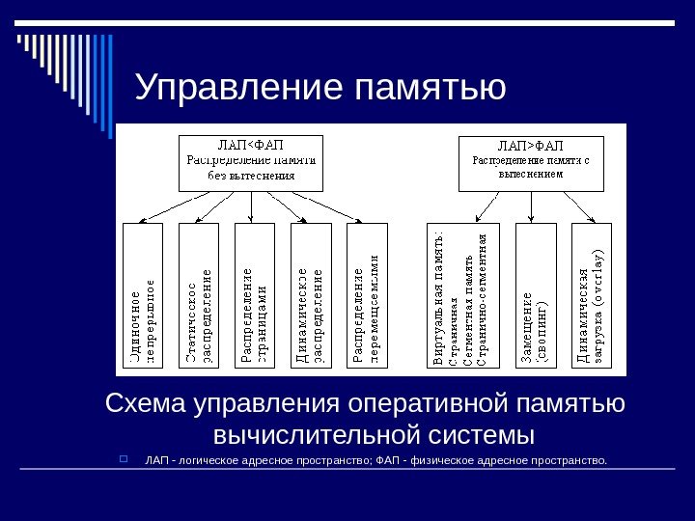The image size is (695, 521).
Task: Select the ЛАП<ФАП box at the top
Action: point(251,162)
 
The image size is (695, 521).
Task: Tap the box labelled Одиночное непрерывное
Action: point(143,297)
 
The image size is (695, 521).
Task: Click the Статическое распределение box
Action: point(199,297)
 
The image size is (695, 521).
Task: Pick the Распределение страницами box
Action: point(255,297)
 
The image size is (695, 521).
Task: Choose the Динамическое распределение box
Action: point(311,297)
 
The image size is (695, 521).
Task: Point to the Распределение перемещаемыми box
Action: point(367,297)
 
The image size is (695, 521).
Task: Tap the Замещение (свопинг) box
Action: point(536,297)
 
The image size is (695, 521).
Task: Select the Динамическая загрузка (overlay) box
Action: point(592,297)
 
